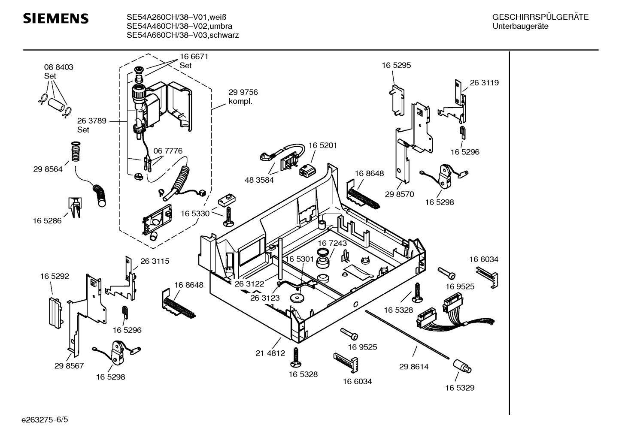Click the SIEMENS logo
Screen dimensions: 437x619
[x=55, y=18]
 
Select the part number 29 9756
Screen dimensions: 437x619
[x=243, y=92]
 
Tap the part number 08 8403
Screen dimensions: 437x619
[x=59, y=67]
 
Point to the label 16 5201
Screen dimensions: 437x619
[x=322, y=145]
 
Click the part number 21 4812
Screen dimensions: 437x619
[x=270, y=353]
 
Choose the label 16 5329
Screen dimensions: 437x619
[x=460, y=388]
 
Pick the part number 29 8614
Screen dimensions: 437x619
[x=414, y=367]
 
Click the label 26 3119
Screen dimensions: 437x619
[x=484, y=83]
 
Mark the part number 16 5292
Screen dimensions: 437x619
[x=55, y=277]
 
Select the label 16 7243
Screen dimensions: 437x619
[x=332, y=243]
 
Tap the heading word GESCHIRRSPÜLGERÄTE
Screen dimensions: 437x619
[x=540, y=18]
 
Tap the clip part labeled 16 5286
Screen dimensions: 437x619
[x=75, y=207]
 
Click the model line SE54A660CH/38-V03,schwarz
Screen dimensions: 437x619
[x=182, y=36]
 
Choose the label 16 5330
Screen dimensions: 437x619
[x=195, y=213]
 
